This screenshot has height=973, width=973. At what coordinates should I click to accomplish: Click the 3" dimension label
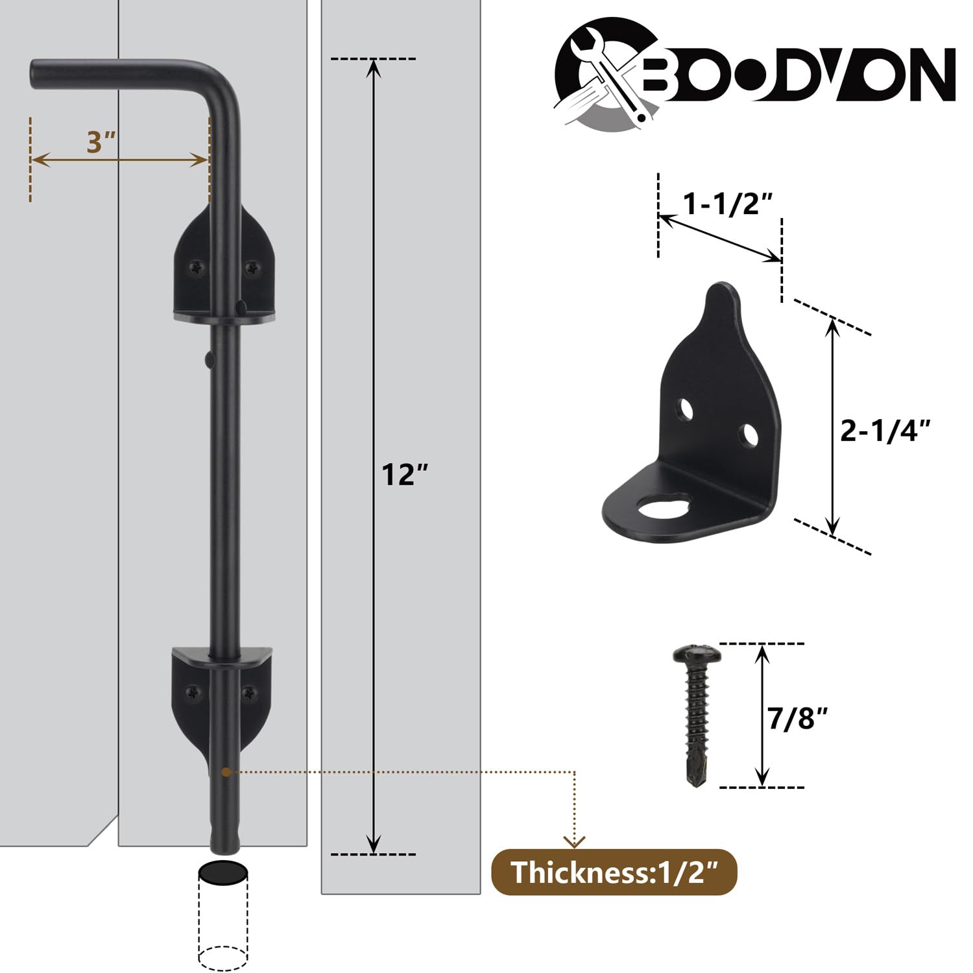(x=101, y=142)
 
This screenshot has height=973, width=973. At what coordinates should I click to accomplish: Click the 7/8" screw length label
(x=798, y=718)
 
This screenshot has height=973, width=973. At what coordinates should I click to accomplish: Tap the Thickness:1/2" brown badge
(x=614, y=872)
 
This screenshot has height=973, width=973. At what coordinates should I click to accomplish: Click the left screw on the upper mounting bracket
(x=195, y=267)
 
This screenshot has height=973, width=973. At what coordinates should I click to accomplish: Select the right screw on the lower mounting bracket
(x=248, y=693)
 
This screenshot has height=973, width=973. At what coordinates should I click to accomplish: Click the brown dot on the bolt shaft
(x=225, y=772)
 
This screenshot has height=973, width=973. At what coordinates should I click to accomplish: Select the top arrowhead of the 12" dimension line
(x=373, y=66)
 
